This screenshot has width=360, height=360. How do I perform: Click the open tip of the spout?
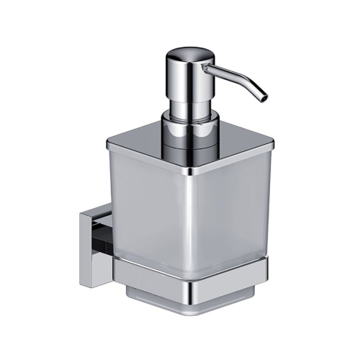tap(264, 95)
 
